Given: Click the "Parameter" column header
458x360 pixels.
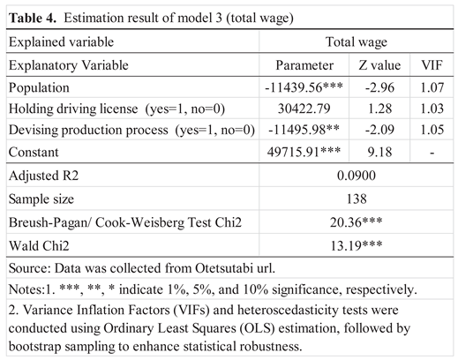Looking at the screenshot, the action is (304, 64).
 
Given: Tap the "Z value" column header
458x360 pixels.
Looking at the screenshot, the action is (380, 64).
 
